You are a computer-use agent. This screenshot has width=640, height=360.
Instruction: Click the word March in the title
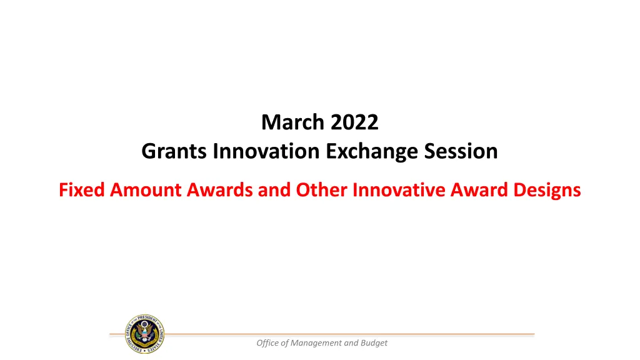pyautogui.click(x=294, y=122)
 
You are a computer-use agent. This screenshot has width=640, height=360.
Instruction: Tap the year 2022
pyautogui.click(x=355, y=122)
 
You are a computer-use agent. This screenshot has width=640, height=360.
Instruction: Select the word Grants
pyautogui.click(x=174, y=151)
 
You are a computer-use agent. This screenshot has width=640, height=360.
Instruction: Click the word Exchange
pyautogui.click(x=372, y=151)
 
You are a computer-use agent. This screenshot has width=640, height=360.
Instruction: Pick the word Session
pyautogui.click(x=461, y=151)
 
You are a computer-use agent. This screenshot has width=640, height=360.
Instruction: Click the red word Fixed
pyautogui.click(x=82, y=190)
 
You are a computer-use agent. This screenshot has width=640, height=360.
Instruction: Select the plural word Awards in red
pyautogui.click(x=220, y=190)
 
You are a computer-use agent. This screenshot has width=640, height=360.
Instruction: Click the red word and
pyautogui.click(x=274, y=190)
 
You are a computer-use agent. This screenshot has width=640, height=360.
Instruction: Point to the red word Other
pyautogui.click(x=322, y=190)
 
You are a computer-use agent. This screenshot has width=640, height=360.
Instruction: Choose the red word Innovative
pyautogui.click(x=399, y=190)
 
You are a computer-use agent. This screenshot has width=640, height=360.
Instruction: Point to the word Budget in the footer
pyautogui.click(x=374, y=343)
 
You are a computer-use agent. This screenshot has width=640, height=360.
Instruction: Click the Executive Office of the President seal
pyautogui.click(x=145, y=334)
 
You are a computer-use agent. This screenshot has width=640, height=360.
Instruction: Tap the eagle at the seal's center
pyautogui.click(x=144, y=332)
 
